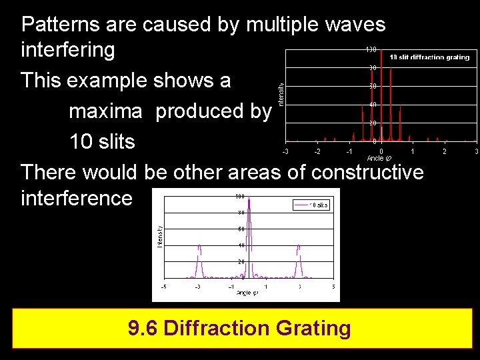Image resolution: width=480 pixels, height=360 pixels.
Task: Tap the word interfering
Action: pos(68,50)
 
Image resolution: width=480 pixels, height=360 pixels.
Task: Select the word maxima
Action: pos(105,111)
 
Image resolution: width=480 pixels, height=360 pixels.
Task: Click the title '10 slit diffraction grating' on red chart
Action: pos(429,57)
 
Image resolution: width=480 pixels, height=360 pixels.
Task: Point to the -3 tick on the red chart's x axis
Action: pos(285,152)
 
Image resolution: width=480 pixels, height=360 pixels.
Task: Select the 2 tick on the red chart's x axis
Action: pos(445,152)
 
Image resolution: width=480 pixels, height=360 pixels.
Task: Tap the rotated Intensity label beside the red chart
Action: pos(281,93)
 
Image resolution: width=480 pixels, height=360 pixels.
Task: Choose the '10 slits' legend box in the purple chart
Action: pos(311,205)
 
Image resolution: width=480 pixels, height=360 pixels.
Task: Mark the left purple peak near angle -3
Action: pos(198,257)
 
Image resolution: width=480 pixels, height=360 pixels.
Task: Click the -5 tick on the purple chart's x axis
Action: pos(164,287)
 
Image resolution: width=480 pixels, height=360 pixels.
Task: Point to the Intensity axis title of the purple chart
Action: pos(160,237)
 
